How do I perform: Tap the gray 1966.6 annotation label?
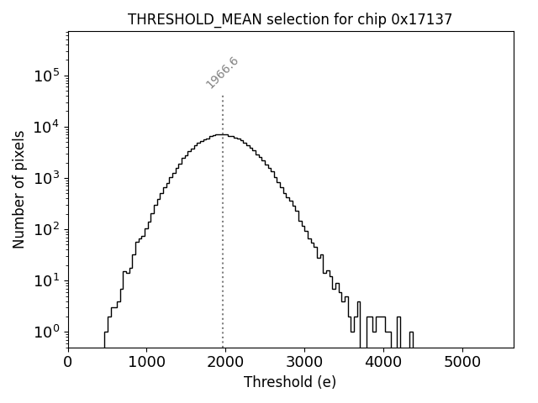pos(223,73)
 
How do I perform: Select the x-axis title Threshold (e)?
pos(290,382)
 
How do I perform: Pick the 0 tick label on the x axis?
pos(68,363)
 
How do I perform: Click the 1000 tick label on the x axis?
pos(146,363)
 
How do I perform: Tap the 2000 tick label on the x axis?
pos(225,363)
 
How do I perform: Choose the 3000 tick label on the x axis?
pos(304,363)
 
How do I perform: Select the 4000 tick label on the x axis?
pos(383,363)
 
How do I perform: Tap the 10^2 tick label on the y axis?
pos(46,229)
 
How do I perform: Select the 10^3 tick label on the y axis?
pos(46,178)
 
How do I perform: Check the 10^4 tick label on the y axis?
pos(46,127)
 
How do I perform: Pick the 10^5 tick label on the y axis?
pos(46,76)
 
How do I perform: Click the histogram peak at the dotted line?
pos(222,134)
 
